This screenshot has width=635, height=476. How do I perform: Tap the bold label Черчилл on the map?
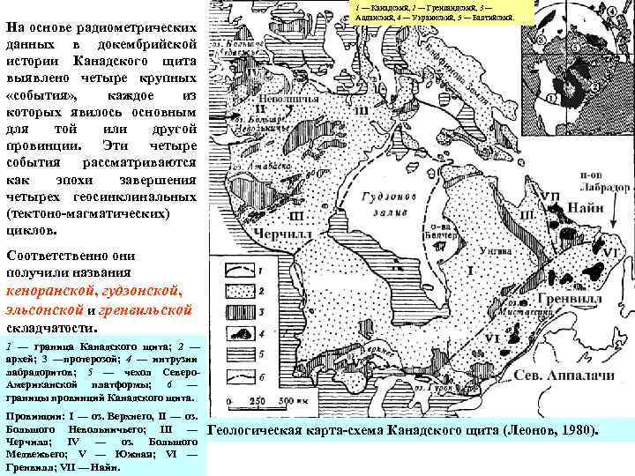277,234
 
